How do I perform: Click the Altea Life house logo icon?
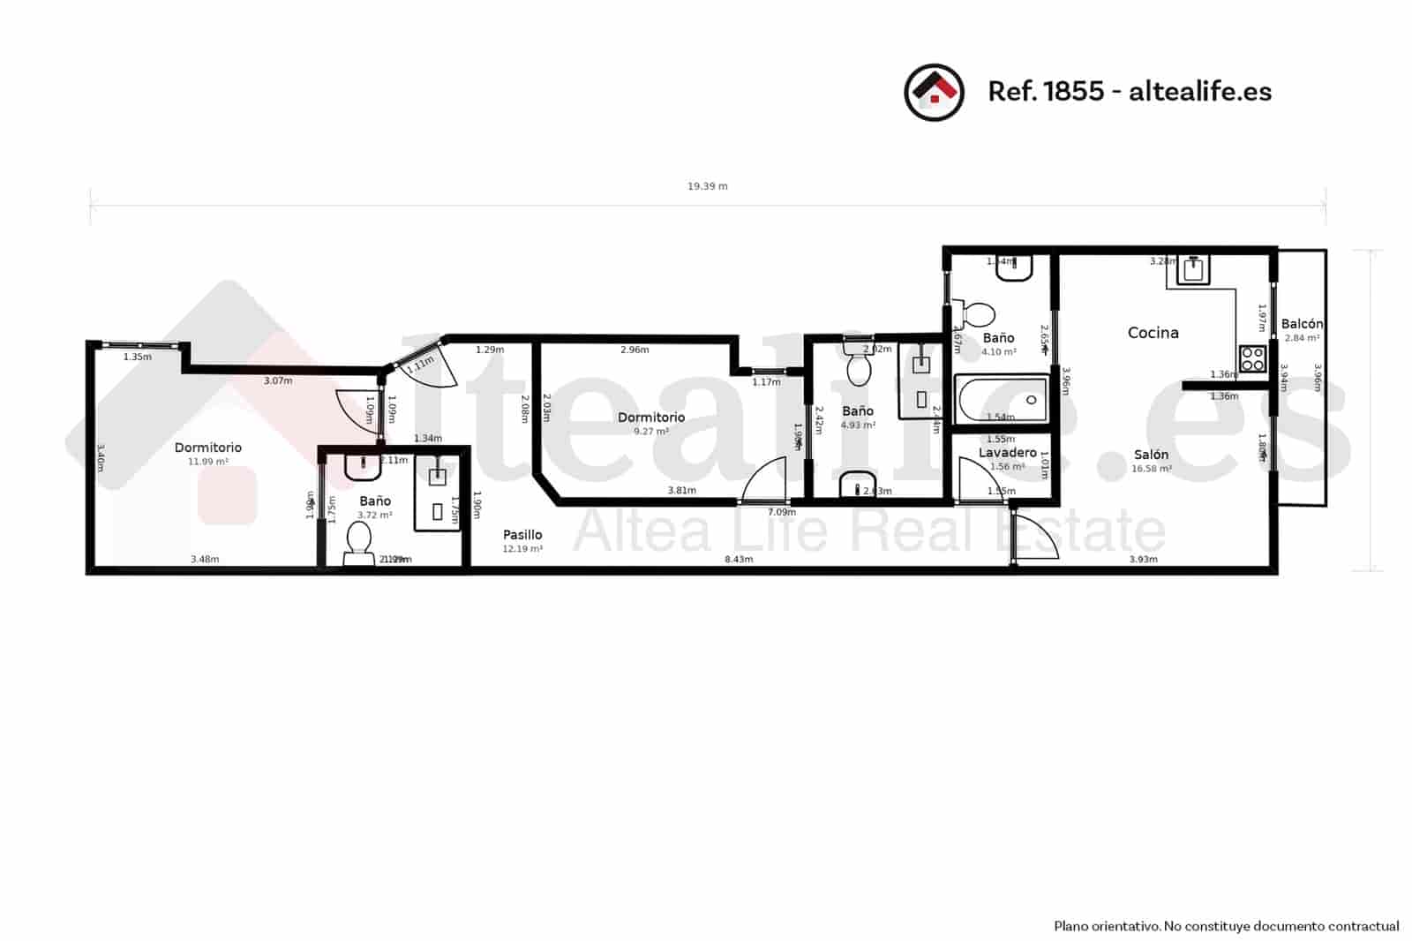(934, 92)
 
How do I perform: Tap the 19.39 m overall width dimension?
(707, 186)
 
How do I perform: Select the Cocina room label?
(1153, 333)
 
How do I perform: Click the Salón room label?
(1151, 455)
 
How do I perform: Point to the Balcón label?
(1302, 324)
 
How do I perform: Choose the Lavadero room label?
(1007, 453)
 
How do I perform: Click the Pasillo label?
(522, 535)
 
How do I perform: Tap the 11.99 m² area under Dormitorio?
(208, 462)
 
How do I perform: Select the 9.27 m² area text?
(651, 432)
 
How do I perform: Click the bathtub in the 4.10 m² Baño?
(1002, 399)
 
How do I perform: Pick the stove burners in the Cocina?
(1252, 358)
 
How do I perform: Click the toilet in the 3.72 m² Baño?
(358, 541)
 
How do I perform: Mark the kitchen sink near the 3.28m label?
(1193, 268)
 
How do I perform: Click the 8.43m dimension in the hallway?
(739, 560)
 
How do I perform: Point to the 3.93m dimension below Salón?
(1143, 560)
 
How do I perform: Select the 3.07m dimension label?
(278, 381)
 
